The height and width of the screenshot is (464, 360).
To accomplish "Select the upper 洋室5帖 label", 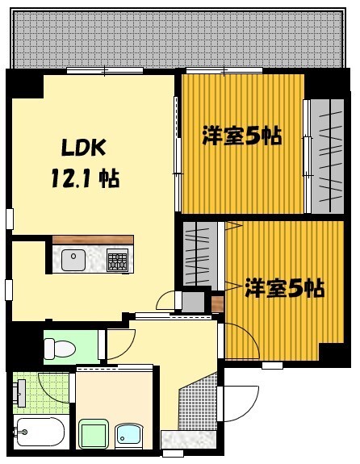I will point(241,136).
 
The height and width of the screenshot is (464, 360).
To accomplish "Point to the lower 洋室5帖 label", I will point(285,287).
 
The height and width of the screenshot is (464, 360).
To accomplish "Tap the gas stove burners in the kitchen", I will point(118,260).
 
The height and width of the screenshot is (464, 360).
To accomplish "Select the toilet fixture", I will point(59,348).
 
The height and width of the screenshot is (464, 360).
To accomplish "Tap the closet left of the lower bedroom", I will point(199,253).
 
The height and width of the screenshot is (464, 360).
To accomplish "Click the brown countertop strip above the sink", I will point(93,239).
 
